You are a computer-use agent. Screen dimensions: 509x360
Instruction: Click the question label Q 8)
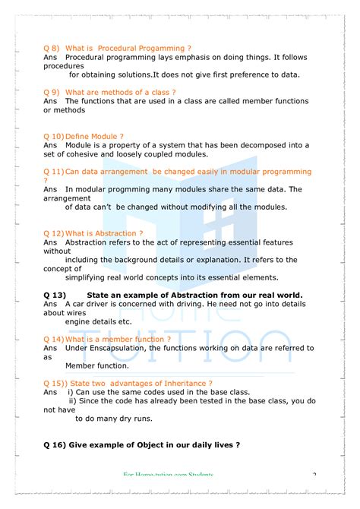[52, 48]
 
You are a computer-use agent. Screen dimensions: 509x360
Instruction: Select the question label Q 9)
[52, 92]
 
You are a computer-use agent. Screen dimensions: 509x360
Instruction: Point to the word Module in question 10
[106, 136]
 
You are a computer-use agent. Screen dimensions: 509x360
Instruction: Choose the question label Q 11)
[54, 172]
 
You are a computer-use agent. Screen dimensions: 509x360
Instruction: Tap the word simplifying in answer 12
[88, 277]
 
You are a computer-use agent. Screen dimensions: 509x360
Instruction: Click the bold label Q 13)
[56, 295]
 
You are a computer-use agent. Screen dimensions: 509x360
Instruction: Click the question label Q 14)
[54, 339]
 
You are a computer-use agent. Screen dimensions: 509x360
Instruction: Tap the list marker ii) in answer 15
[74, 400]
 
